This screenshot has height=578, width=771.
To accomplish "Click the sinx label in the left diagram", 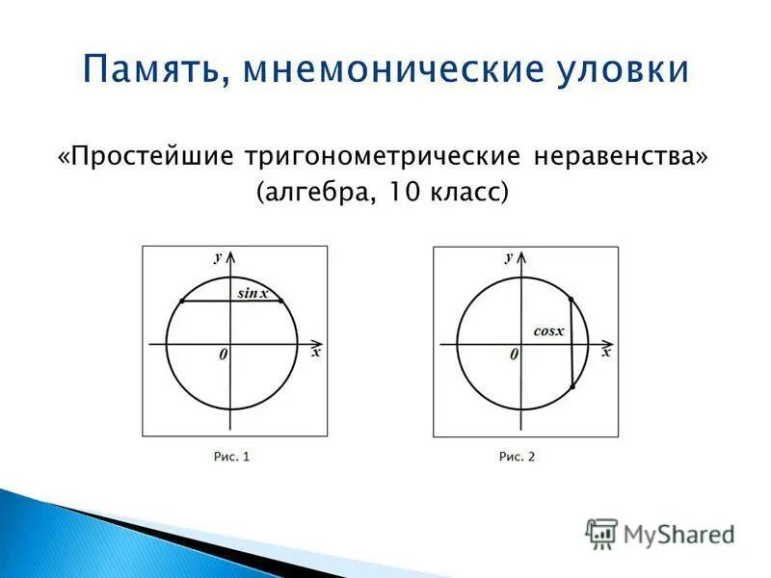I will point(253,293).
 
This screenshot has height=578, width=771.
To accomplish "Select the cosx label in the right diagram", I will point(547,330).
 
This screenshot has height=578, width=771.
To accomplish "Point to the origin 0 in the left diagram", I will point(223,355).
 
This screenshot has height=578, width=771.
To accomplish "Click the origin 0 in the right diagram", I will point(514,355).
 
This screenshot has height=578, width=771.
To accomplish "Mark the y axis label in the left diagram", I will point(219,256).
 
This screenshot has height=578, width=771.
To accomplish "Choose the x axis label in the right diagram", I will point(606,353).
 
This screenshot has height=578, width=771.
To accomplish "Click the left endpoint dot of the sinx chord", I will point(181,302).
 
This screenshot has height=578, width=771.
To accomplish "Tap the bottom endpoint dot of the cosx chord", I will point(572,387).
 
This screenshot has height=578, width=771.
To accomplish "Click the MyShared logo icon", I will point(602,533).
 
